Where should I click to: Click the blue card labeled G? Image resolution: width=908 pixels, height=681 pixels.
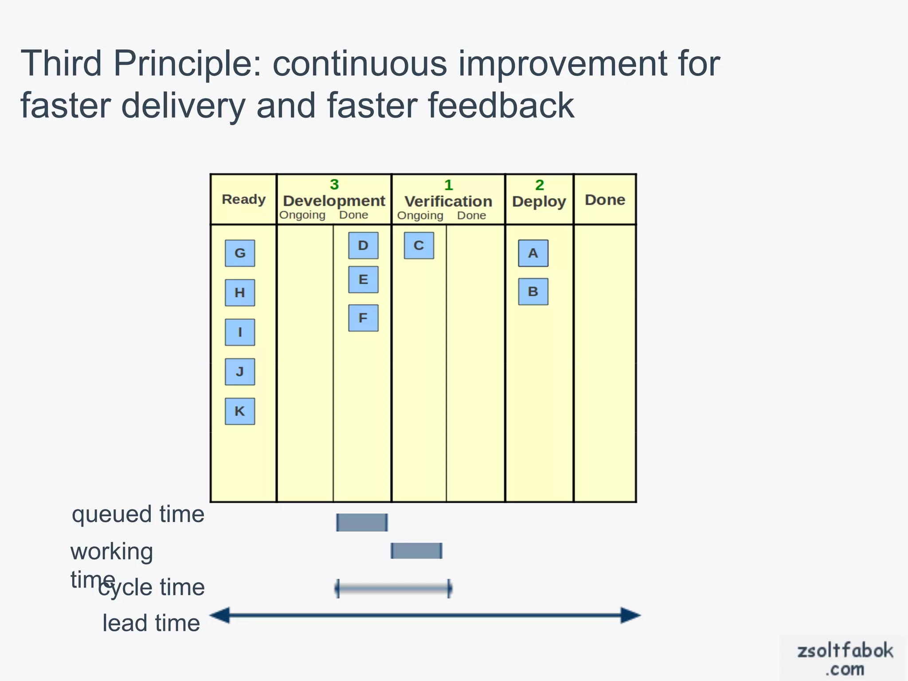(240, 253)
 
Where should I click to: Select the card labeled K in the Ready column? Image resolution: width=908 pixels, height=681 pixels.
(240, 411)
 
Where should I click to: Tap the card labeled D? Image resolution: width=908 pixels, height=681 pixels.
(363, 246)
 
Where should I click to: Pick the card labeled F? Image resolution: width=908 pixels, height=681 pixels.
(363, 318)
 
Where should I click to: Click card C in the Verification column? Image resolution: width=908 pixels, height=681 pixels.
(419, 246)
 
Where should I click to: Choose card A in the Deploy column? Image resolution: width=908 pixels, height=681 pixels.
(533, 253)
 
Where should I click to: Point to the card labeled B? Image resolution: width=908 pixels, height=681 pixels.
(533, 292)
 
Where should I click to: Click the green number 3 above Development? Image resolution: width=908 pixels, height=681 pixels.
(334, 184)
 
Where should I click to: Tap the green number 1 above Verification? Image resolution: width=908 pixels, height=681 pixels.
(448, 185)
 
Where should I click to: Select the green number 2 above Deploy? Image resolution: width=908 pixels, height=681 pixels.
(539, 185)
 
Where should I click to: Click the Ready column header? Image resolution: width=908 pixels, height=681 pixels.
(243, 200)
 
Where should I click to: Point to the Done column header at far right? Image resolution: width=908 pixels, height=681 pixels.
(605, 200)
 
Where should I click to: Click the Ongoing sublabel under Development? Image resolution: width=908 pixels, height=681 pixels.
(302, 215)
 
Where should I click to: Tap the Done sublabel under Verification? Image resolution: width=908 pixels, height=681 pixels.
(471, 215)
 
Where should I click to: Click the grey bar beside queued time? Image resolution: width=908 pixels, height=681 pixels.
(362, 522)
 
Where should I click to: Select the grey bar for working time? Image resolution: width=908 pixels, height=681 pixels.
(416, 551)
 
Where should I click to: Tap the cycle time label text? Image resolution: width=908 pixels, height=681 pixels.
(152, 587)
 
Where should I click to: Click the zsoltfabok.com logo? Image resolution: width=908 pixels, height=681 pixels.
(845, 659)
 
